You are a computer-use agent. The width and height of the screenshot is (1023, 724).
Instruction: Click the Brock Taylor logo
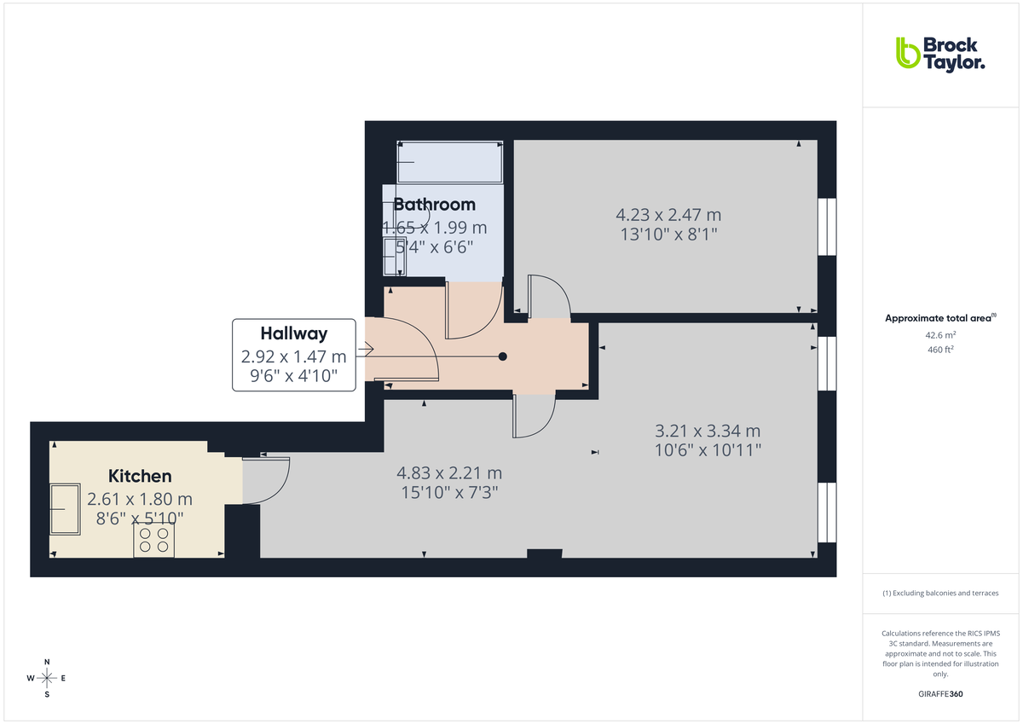click(940, 53)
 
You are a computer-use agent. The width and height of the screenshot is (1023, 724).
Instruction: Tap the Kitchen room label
click(140, 476)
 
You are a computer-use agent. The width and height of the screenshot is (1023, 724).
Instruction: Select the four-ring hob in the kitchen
click(154, 540)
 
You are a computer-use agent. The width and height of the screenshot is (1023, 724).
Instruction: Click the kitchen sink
click(65, 508)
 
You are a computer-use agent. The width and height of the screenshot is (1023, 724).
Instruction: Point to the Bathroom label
click(434, 205)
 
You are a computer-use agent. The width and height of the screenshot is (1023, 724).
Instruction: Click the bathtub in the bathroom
click(449, 162)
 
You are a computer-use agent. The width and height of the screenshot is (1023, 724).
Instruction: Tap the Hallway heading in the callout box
click(294, 333)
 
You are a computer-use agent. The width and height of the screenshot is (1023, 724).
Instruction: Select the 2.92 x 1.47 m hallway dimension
click(294, 356)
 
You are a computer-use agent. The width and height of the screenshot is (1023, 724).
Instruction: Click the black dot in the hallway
click(503, 356)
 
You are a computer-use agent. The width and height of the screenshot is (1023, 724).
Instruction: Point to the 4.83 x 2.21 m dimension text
click(449, 472)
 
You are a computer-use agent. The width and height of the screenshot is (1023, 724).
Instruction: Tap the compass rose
click(47, 678)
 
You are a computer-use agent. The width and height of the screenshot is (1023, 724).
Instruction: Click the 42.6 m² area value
click(940, 335)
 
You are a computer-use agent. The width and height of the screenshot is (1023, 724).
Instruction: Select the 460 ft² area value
click(940, 350)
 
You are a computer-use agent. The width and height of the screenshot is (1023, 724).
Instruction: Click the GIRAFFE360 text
click(940, 694)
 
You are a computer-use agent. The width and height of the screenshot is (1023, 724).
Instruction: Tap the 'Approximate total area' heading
click(939, 318)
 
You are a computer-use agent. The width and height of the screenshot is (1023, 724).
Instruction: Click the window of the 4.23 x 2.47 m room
click(826, 227)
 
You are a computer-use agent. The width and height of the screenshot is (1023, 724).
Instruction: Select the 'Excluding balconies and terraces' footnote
click(940, 593)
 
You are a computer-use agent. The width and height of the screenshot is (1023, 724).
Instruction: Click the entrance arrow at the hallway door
click(368, 348)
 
